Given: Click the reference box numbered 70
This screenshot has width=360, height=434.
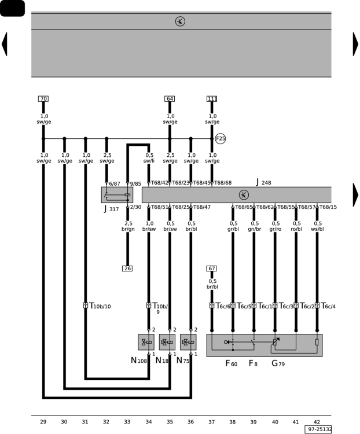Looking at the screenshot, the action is (43, 99).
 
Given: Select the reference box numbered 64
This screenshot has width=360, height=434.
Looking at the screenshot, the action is (170, 99).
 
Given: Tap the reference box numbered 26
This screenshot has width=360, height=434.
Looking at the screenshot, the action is (127, 268).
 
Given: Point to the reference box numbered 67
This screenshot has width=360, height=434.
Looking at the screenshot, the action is (212, 269).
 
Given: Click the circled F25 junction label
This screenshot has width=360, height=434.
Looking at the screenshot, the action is (221, 138).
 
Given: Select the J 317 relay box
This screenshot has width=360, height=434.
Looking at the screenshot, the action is (117, 195).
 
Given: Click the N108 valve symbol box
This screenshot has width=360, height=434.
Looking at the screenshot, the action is (146, 342).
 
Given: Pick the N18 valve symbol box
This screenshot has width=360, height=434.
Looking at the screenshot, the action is (167, 342).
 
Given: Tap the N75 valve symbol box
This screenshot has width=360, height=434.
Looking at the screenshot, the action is (188, 342).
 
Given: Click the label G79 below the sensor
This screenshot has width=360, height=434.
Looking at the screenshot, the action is (278, 363).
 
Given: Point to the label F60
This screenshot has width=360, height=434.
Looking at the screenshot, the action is (232, 363).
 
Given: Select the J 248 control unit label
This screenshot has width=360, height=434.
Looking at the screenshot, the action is (263, 182).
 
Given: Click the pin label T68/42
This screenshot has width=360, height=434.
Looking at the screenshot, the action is (160, 183).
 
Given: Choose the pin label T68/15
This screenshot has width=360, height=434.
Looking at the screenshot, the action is (328, 207).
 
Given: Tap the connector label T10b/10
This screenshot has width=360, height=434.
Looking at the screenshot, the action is (100, 306).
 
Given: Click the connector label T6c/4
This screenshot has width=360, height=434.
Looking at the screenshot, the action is (328, 306).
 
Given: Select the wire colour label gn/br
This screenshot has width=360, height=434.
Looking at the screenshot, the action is (255, 229).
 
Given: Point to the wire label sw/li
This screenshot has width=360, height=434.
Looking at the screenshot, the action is (149, 161).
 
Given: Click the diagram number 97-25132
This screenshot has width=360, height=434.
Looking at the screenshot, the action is (318, 429).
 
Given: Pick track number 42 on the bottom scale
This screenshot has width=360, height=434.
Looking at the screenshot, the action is (317, 422).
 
